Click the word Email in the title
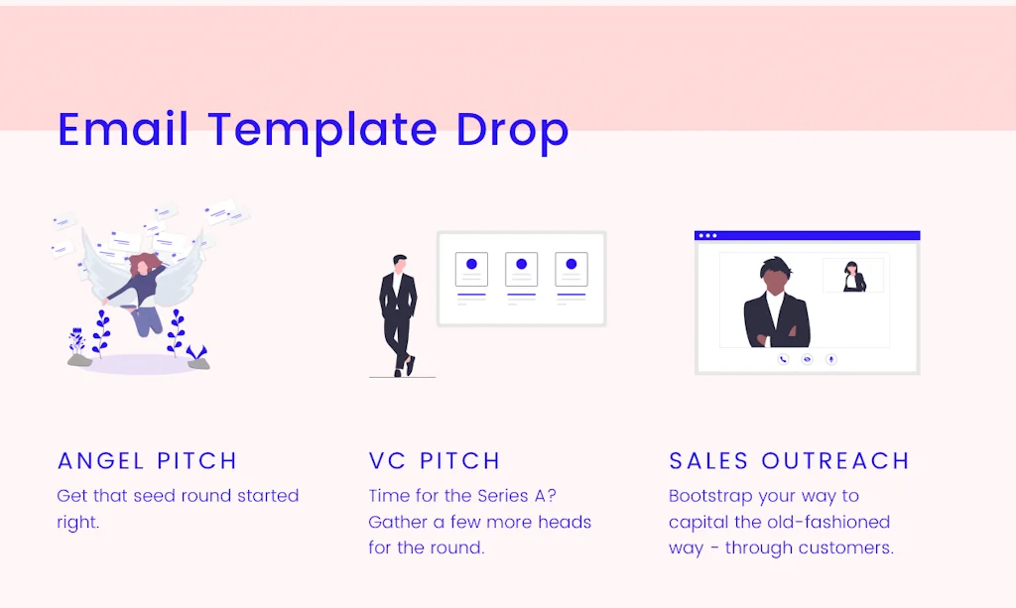tap(123, 129)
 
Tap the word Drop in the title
tap(512, 133)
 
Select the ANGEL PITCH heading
tap(147, 460)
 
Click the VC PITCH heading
tap(435, 460)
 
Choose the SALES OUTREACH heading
tap(789, 460)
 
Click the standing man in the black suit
tap(399, 315)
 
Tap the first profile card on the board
tap(471, 270)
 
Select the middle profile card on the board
tap(521, 270)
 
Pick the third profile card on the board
tap(571, 270)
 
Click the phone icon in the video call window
tap(783, 359)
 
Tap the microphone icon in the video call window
tap(831, 359)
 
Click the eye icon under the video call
tap(807, 359)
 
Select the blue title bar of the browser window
tap(807, 236)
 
